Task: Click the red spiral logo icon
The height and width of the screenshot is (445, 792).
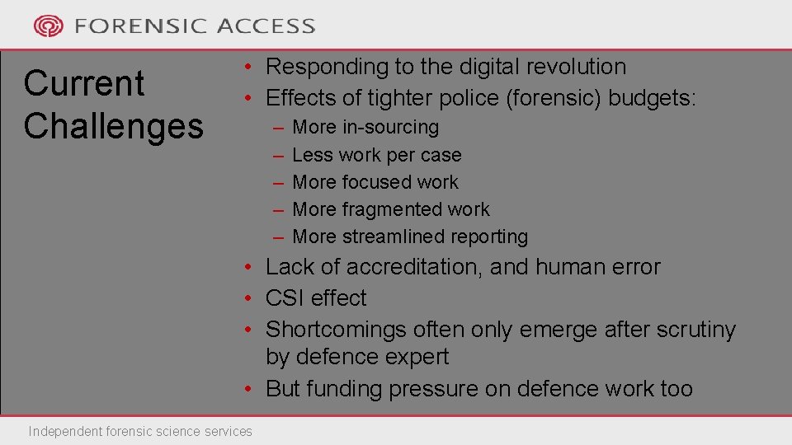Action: coord(48,26)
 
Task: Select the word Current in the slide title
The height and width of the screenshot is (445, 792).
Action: coord(84,83)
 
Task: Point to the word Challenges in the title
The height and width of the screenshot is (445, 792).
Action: coord(113,126)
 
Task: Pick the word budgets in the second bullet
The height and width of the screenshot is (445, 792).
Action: coord(653,99)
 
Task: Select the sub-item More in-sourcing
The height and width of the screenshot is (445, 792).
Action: coord(365,128)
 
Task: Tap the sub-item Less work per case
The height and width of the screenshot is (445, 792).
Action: coord(377,155)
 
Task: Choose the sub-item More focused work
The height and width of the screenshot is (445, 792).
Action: coord(375,182)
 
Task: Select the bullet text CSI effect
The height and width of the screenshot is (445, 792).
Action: coord(316,298)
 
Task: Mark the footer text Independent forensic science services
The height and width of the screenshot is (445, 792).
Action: coord(140,431)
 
